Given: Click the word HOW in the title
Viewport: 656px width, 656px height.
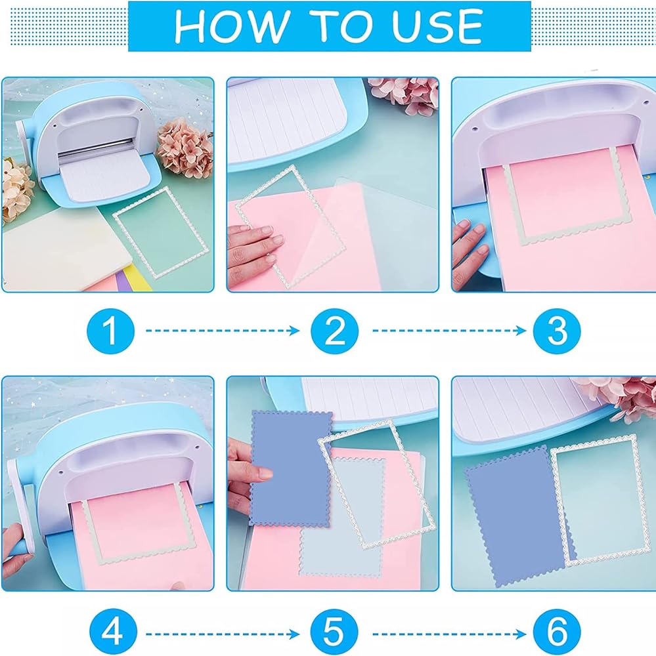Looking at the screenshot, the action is (232, 26).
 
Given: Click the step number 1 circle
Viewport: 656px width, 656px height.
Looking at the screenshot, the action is (110, 331).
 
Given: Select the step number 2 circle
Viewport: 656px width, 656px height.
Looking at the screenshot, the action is (335, 331).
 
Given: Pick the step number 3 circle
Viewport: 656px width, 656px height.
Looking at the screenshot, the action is (557, 331).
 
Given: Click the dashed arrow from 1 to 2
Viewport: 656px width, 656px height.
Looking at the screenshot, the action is (223, 331).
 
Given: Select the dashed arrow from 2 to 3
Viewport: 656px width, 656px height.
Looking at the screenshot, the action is (449, 331).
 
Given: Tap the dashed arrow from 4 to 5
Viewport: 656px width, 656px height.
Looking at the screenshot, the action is (223, 634).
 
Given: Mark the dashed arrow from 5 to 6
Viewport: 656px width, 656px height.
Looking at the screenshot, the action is (449, 634).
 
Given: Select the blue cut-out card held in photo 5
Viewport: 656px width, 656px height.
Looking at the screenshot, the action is (291, 468).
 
